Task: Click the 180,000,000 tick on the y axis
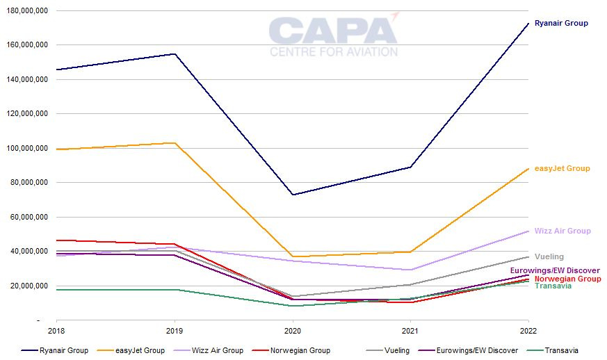(25, 11)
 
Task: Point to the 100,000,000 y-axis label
(25, 148)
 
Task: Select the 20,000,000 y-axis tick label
(27, 286)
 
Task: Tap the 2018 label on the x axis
(56, 330)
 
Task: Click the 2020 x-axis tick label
(293, 330)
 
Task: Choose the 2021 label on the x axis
(411, 330)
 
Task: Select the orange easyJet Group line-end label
(562, 168)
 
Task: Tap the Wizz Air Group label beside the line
(562, 231)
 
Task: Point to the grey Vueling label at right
(549, 256)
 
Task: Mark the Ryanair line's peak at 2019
(175, 54)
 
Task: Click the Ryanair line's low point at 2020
(293, 195)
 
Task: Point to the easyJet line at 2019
(175, 142)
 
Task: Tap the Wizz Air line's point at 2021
(411, 270)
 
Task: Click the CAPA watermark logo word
(333, 32)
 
